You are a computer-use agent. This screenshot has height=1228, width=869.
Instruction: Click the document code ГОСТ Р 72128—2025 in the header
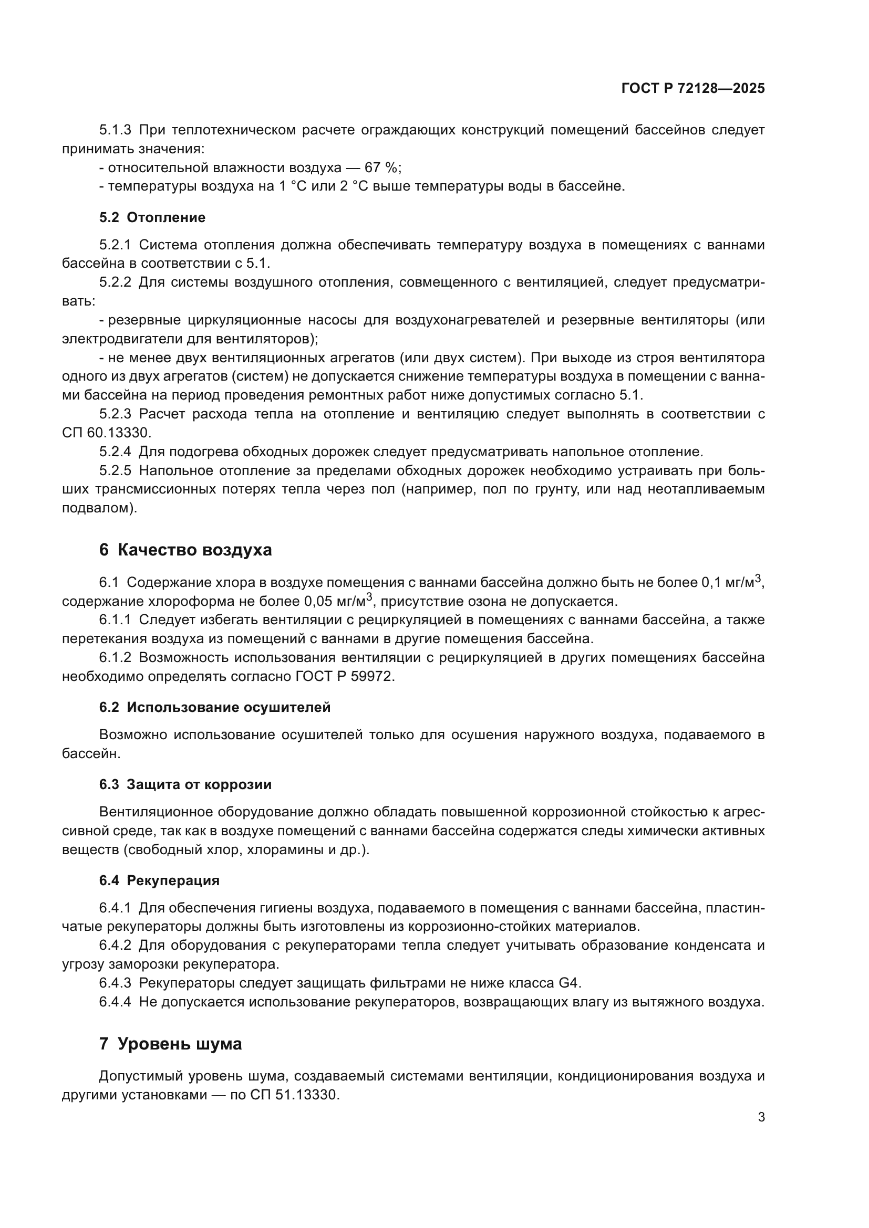click(693, 88)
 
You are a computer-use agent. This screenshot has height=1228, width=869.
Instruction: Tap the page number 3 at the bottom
click(761, 1117)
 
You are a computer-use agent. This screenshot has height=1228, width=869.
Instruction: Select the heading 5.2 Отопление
click(152, 218)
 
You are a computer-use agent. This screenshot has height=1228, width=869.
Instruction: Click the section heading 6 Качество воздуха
click(185, 550)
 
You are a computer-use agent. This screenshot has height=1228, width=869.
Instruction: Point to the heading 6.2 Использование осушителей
click(214, 707)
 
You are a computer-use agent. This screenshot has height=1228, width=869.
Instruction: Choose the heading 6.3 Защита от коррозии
click(185, 784)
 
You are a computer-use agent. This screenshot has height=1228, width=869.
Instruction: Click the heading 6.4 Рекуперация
click(159, 880)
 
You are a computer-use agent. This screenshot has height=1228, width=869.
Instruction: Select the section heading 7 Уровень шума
click(170, 1044)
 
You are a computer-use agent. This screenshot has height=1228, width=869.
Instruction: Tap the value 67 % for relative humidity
click(381, 168)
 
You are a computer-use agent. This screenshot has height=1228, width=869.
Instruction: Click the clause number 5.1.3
click(115, 130)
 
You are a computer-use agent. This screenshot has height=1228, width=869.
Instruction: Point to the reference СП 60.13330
click(107, 433)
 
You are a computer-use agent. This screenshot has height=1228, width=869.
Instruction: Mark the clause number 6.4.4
click(115, 1002)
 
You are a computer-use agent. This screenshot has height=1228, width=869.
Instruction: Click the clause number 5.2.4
click(115, 452)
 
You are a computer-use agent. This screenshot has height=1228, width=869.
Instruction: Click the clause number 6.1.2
click(115, 658)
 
